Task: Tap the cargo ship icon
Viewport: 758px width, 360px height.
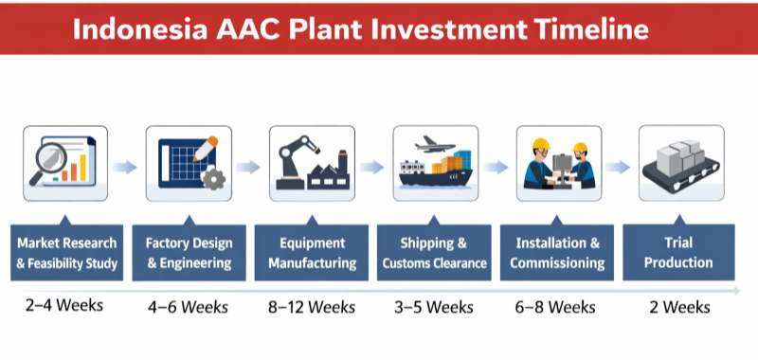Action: coord(435,171)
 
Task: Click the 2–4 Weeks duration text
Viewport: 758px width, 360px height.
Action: coord(63,306)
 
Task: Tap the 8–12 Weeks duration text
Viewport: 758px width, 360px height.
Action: coord(311,306)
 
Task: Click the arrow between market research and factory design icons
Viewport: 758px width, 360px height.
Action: coord(125,167)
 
